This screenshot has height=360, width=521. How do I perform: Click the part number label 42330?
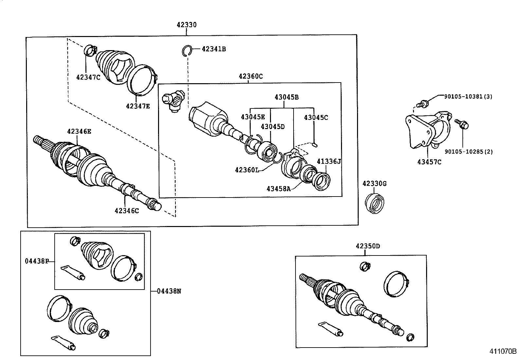187,25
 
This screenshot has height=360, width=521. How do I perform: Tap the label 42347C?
88,77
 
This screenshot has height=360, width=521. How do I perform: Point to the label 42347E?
138,106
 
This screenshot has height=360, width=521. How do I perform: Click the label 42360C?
251,76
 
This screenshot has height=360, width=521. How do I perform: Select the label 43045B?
286,97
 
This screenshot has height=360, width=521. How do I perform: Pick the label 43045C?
316,117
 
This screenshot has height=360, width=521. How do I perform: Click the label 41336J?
329,161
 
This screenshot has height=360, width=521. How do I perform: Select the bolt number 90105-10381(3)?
468,96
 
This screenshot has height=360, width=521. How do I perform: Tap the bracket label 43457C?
429,161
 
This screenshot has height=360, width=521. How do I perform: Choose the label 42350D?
368,246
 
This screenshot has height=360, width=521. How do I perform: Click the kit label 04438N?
169,291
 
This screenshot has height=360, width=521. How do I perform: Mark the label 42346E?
79,131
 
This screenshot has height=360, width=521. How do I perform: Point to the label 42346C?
127,211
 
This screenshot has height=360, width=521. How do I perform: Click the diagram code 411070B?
503,351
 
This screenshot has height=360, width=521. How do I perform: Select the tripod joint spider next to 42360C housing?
174,100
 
